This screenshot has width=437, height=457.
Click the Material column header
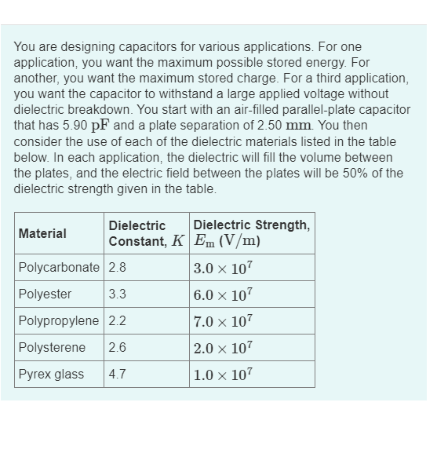point(42,233)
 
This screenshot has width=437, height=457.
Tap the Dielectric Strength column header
point(251,233)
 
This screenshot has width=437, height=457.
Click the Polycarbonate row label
point(59,267)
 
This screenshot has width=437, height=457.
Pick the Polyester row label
point(45,294)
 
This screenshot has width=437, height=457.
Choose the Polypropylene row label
point(60,320)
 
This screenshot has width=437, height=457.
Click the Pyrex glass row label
point(51,374)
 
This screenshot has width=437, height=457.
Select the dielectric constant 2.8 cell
point(118,267)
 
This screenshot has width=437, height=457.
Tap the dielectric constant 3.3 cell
point(118,294)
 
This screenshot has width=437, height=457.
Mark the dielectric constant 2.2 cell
point(118,320)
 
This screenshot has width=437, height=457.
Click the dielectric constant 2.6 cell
point(118,347)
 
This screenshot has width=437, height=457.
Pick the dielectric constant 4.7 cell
point(118,374)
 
